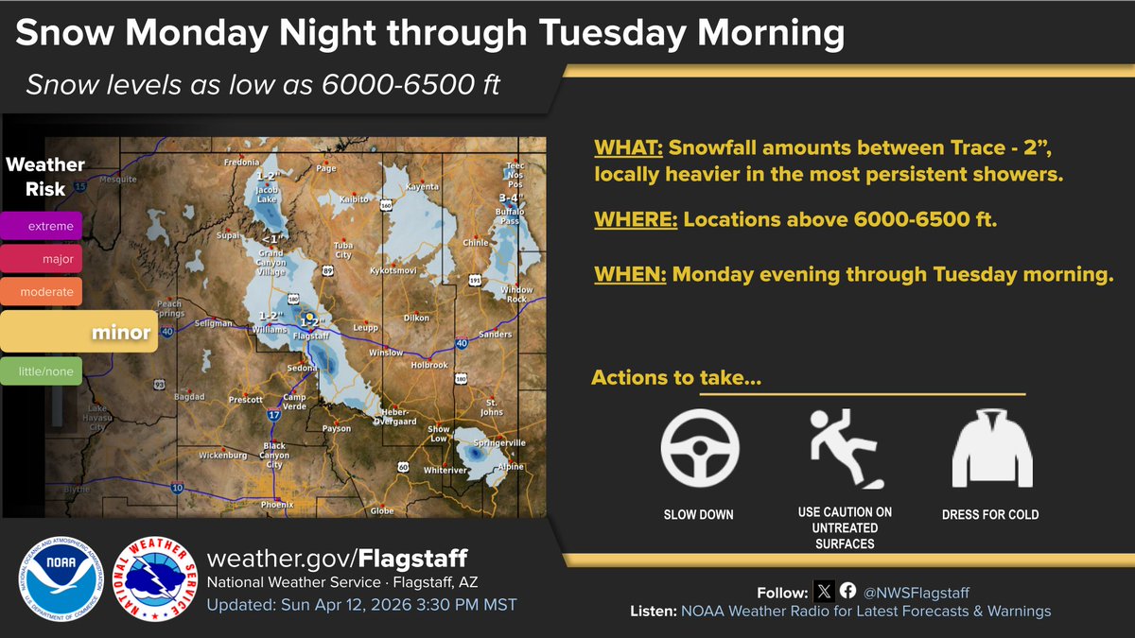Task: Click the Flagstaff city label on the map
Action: tap(311, 336)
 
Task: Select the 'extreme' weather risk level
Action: tap(43, 226)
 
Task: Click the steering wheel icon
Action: tap(699, 448)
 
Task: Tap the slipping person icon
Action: tap(846, 448)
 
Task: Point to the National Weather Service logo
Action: tap(148, 579)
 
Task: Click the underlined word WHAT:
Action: tap(629, 148)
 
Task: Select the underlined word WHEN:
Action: tap(629, 275)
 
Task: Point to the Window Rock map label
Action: tap(517, 293)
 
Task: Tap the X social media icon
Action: tap(824, 592)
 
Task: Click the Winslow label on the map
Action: tap(386, 353)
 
